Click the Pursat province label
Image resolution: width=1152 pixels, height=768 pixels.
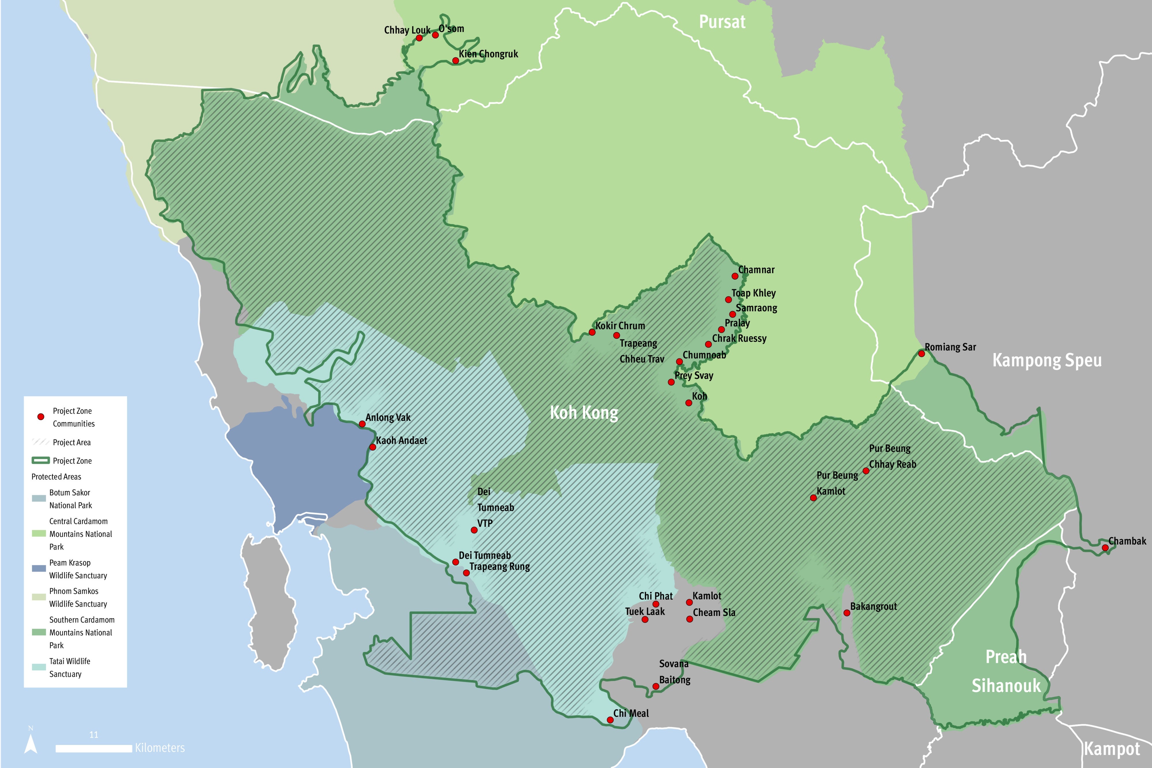click(722, 22)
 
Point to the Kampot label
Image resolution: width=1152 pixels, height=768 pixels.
click(1112, 749)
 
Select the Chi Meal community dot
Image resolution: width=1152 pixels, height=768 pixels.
click(610, 720)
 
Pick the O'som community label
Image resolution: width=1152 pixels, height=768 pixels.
click(451, 29)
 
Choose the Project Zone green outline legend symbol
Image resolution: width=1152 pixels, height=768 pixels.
click(41, 460)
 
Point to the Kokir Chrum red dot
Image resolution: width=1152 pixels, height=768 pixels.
click(592, 332)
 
